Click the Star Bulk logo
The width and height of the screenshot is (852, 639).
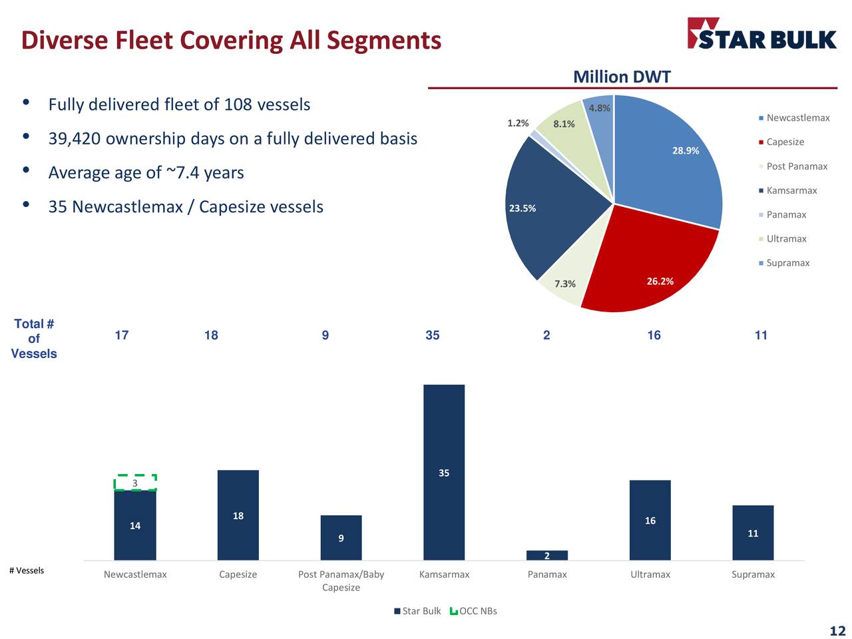point(761,34)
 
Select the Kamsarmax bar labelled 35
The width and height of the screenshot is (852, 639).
point(444,472)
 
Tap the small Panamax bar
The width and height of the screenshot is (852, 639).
point(547,555)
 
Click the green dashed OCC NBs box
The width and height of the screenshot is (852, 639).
point(135,483)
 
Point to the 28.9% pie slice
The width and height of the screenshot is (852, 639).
point(672,160)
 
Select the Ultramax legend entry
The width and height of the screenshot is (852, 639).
point(786,239)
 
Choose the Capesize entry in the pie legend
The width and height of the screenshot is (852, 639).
point(785,142)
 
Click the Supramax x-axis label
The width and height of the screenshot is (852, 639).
point(753,574)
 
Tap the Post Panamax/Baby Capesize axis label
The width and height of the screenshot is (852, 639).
point(341,580)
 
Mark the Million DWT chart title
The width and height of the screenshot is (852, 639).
point(622,77)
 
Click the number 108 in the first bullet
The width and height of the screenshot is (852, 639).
point(238,105)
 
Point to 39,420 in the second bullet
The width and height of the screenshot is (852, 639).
point(74,138)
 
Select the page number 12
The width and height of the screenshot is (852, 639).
point(837,631)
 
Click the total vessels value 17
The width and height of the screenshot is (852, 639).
point(122,335)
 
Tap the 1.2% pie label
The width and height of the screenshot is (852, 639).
point(518,123)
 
